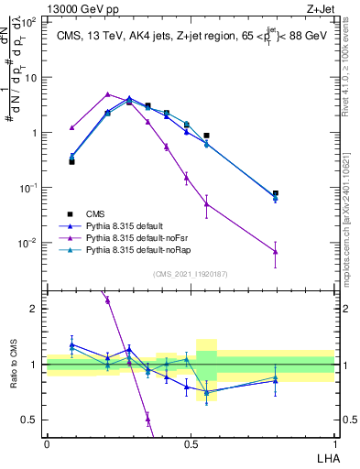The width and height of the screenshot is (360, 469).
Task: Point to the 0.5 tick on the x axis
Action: tap(191, 443)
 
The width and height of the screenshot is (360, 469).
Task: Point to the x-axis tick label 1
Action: tap(334, 443)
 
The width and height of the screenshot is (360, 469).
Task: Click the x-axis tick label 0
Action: tap(47, 443)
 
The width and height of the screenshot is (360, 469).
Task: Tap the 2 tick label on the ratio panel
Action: tap(34, 309)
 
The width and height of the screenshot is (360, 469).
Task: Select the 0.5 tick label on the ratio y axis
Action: tap(30, 420)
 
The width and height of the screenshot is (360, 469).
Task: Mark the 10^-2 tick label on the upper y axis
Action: tap(27, 243)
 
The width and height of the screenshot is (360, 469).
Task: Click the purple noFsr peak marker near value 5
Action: tap(108, 94)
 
